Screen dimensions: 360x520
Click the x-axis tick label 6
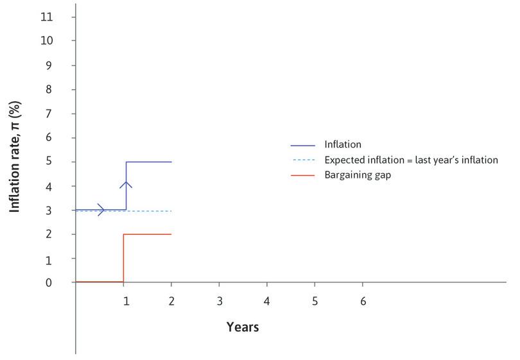[x=363, y=300]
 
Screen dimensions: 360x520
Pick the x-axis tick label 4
[x=267, y=300]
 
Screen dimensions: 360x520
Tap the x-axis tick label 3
[x=219, y=300]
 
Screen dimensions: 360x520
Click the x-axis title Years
[x=243, y=327]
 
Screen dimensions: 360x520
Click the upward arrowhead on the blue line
[x=126, y=185]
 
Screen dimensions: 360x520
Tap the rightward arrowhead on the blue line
[x=101, y=209]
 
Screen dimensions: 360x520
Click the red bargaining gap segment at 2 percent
[x=148, y=234]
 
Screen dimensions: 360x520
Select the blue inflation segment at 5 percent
[x=149, y=162]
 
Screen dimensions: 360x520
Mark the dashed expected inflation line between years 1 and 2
[x=149, y=211]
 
